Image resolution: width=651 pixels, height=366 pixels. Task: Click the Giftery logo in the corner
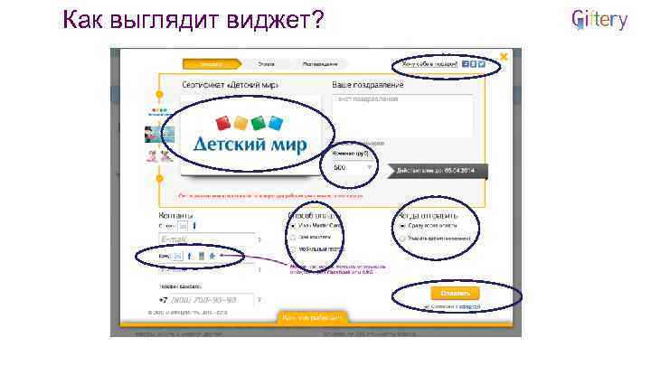coord(599,21)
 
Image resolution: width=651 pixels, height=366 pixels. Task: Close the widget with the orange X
coord(504,56)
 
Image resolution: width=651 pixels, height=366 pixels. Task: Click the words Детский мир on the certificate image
coord(250,145)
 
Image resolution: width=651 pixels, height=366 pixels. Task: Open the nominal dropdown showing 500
coord(351,167)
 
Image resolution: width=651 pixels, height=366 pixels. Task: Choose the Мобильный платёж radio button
coord(291,250)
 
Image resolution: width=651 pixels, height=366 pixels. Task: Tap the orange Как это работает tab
coord(312,318)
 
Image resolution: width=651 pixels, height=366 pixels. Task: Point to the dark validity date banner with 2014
coord(437,170)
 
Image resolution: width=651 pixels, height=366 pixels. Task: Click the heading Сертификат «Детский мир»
coord(230,84)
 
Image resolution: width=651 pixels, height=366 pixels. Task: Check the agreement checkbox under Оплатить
coord(427,307)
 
